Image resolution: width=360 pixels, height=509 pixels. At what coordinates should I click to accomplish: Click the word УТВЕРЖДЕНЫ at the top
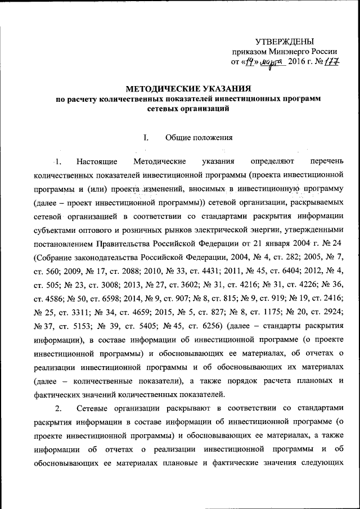285,41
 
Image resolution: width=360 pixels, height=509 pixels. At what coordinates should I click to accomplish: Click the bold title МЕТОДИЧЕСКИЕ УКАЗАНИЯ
187,89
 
